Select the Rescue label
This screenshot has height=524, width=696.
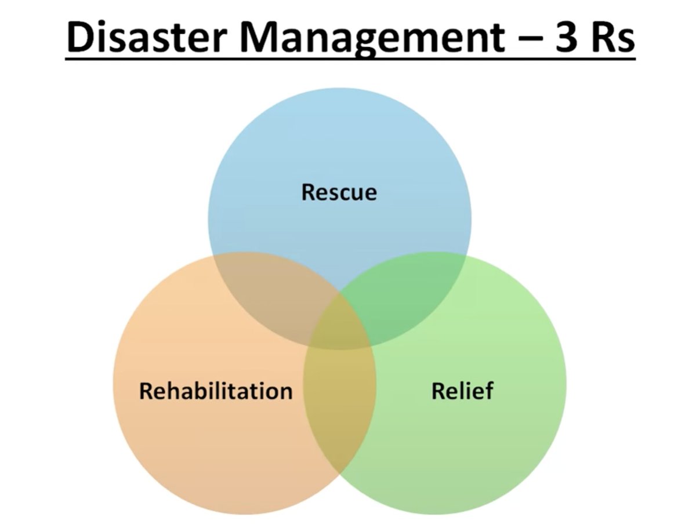coord(339,192)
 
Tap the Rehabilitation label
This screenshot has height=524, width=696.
coord(215,391)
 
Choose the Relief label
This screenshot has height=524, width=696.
coord(462,391)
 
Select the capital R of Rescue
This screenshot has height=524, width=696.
coord(309,192)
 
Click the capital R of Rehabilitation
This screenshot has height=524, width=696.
coord(146,391)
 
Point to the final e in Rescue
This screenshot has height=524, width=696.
coord(370,194)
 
